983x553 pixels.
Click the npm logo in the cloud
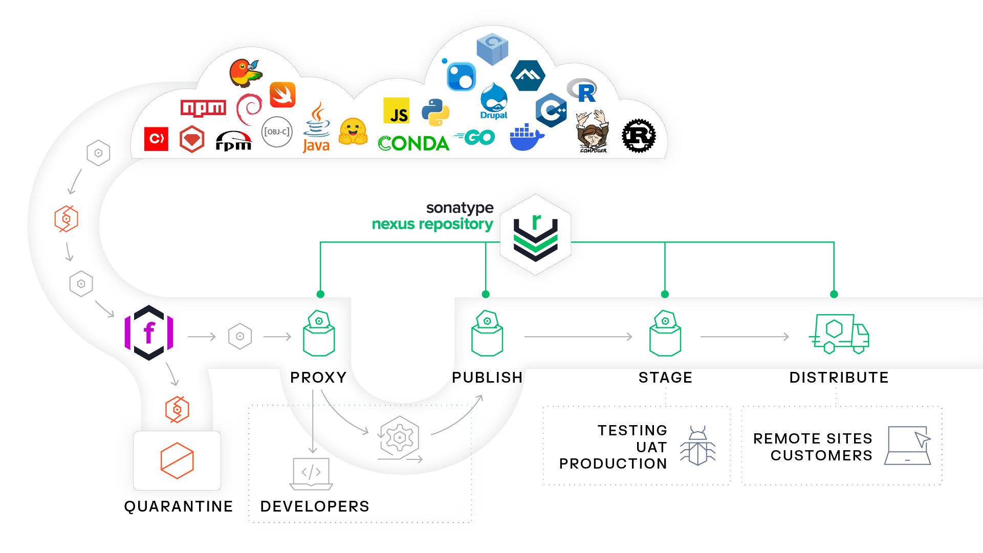[x=203, y=108]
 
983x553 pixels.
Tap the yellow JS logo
[x=397, y=111]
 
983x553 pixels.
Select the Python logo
[x=435, y=112]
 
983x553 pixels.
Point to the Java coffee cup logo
[x=316, y=127]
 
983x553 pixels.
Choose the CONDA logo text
[x=413, y=143]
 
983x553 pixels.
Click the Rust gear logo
[x=639, y=136]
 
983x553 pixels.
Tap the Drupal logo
[x=494, y=101]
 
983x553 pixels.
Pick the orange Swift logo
[x=282, y=95]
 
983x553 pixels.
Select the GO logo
[x=475, y=137]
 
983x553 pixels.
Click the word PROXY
[x=318, y=378]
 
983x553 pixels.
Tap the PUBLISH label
[x=487, y=378]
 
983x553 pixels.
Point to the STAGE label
[x=665, y=378]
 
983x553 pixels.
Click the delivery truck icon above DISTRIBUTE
[x=839, y=334]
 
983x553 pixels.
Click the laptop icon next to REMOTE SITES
[x=908, y=446]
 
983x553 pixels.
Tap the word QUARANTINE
[x=178, y=506]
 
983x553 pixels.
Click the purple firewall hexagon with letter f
[x=149, y=333]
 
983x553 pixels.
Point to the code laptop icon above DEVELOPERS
[x=311, y=473]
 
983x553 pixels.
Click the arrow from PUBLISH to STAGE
[x=578, y=337]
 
